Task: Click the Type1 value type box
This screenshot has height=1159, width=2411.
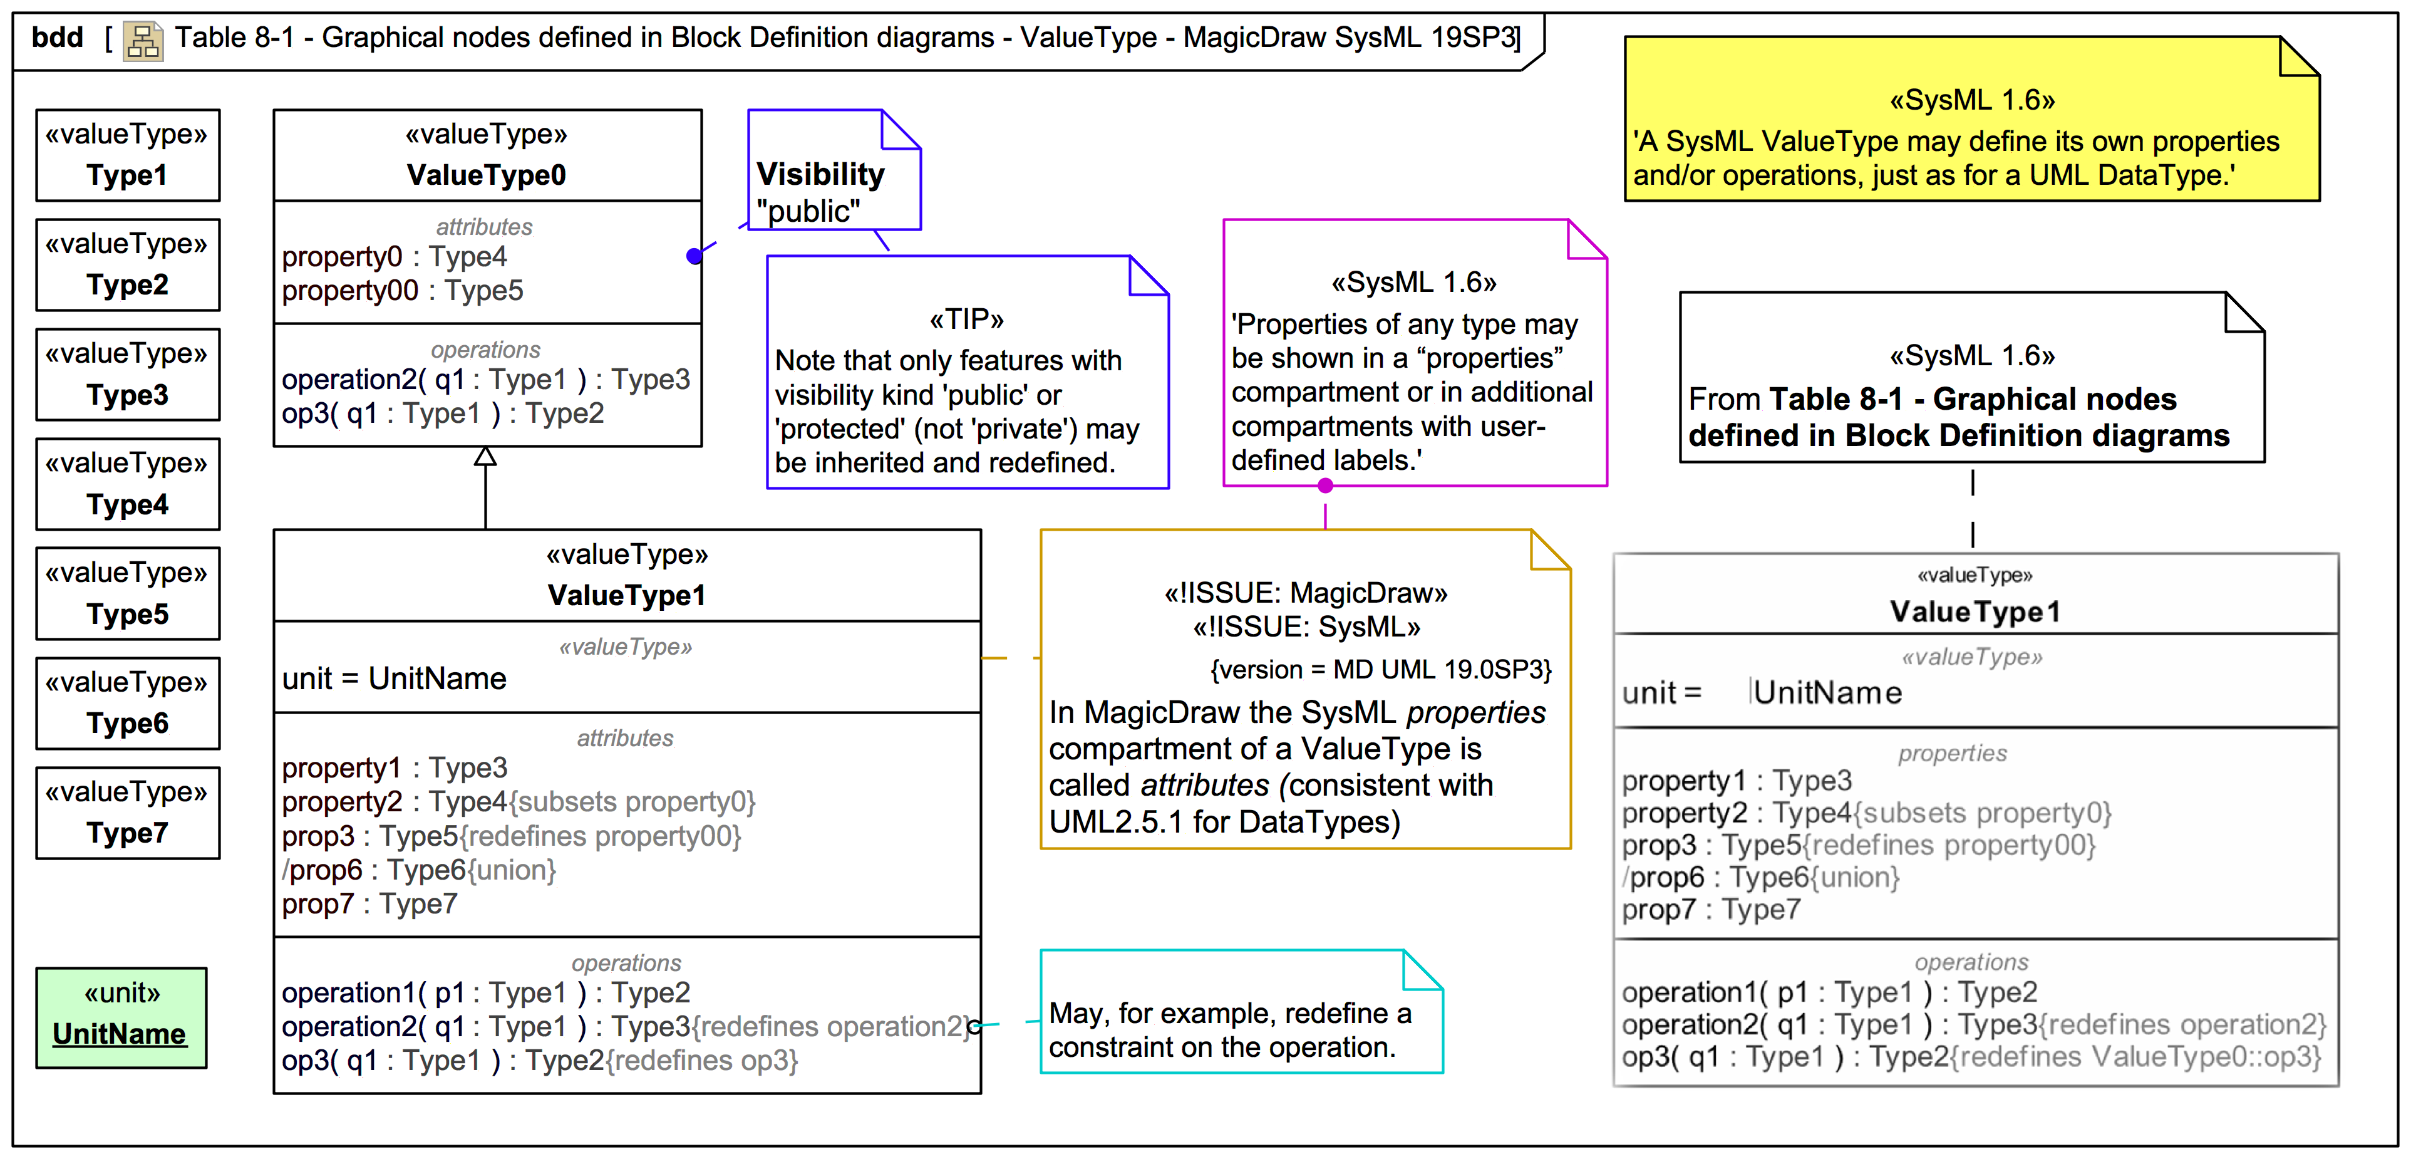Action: coord(127,155)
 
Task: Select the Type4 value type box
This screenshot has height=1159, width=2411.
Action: coord(127,484)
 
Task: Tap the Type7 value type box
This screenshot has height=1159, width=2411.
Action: coord(127,813)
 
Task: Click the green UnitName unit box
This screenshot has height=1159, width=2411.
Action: coord(121,1017)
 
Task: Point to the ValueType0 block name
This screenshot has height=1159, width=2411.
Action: coord(486,175)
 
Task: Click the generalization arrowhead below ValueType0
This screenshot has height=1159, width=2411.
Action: coord(485,457)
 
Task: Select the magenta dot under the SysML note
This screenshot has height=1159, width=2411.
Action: coord(1325,485)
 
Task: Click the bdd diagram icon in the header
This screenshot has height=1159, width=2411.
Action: coord(143,40)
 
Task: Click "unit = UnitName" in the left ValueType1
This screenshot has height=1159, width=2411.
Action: coord(394,678)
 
